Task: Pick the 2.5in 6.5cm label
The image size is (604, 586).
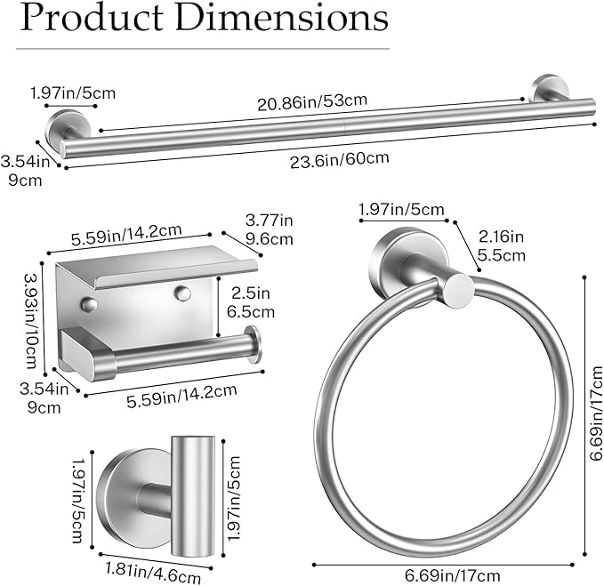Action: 252,302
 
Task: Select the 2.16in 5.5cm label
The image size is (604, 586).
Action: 502,246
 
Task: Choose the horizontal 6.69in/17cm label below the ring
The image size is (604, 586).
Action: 448,575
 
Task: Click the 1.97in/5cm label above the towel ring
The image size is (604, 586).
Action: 401,210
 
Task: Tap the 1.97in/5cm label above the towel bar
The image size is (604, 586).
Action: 72,92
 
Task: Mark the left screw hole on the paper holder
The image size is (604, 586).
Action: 88,305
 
